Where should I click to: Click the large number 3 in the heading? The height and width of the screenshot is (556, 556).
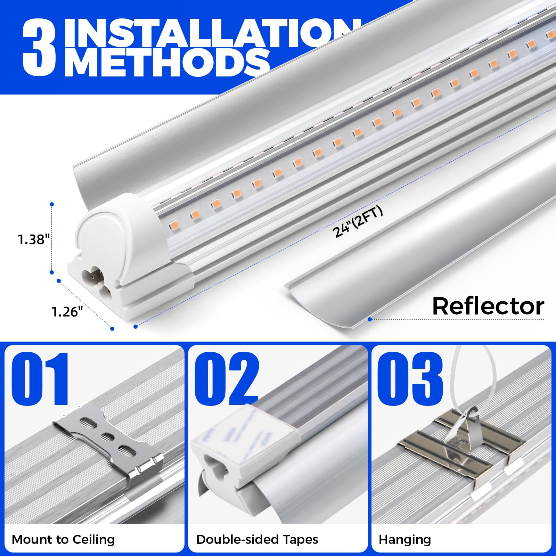39,49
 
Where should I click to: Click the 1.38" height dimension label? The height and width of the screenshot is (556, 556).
34,239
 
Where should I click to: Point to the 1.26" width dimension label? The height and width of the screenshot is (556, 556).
67,312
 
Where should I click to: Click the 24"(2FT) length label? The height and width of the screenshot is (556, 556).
358,222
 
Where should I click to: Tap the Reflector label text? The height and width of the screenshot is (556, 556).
488,306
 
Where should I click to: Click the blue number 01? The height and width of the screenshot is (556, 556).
41,379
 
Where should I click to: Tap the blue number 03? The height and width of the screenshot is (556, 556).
410,379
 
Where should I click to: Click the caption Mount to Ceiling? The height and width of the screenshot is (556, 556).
63,539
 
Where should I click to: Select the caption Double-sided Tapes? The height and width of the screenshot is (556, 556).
257,539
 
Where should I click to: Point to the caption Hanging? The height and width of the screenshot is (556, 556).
405,539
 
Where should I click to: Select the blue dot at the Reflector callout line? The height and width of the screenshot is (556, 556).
370,319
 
